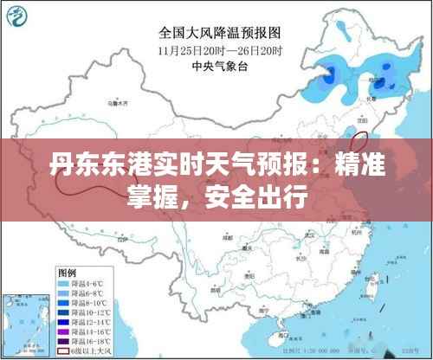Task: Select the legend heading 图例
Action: [x=70, y=272]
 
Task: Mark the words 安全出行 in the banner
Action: [x=264, y=201]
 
